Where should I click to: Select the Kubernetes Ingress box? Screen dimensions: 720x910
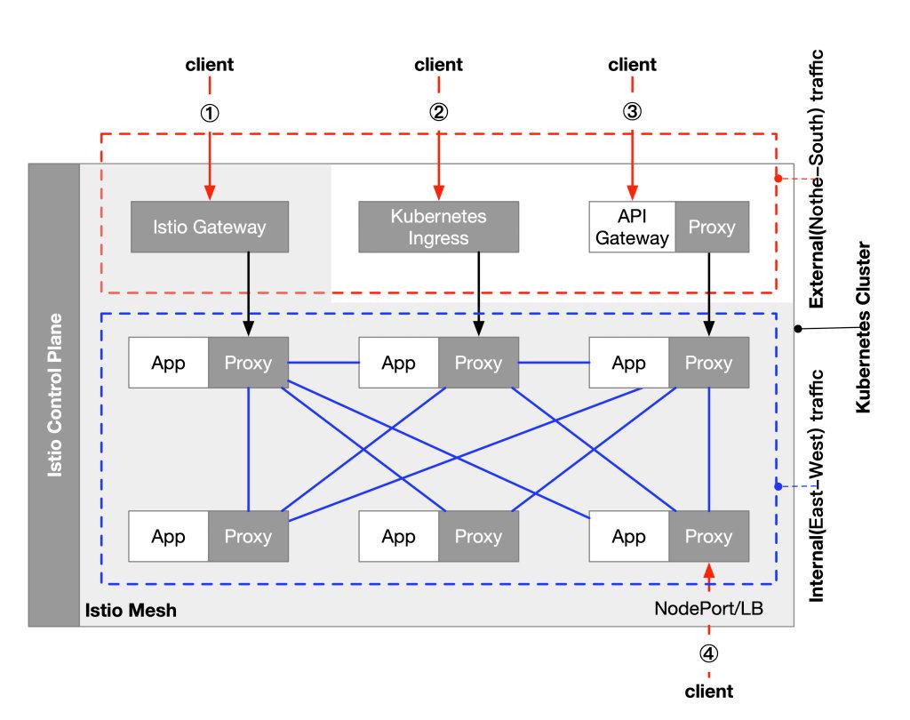[x=438, y=227]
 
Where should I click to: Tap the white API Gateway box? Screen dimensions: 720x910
[x=632, y=227]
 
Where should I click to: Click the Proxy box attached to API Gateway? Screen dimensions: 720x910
[x=712, y=227]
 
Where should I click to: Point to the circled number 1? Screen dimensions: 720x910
[x=211, y=113]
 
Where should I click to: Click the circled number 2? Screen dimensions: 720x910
[x=438, y=113]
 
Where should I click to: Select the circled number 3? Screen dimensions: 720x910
[x=632, y=113]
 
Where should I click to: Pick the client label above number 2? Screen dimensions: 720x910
[x=438, y=65]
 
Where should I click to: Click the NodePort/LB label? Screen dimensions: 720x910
[x=708, y=609]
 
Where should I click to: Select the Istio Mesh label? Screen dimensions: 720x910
[x=131, y=611]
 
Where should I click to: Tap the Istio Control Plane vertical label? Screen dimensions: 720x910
[x=55, y=395]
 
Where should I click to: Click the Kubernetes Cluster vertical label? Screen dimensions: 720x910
[x=861, y=329]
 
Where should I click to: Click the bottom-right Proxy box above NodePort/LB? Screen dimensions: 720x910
[x=708, y=537]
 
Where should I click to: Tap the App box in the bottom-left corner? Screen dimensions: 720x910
[x=168, y=537]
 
